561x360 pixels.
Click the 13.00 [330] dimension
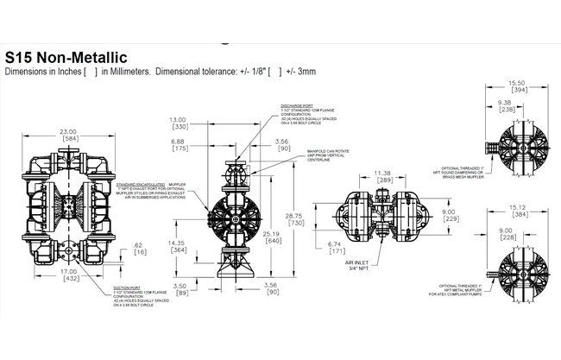click(x=177, y=123)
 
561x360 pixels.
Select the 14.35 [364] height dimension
click(x=179, y=246)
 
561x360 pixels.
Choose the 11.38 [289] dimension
click(x=382, y=177)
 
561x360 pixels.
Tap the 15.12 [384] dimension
click(x=520, y=211)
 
